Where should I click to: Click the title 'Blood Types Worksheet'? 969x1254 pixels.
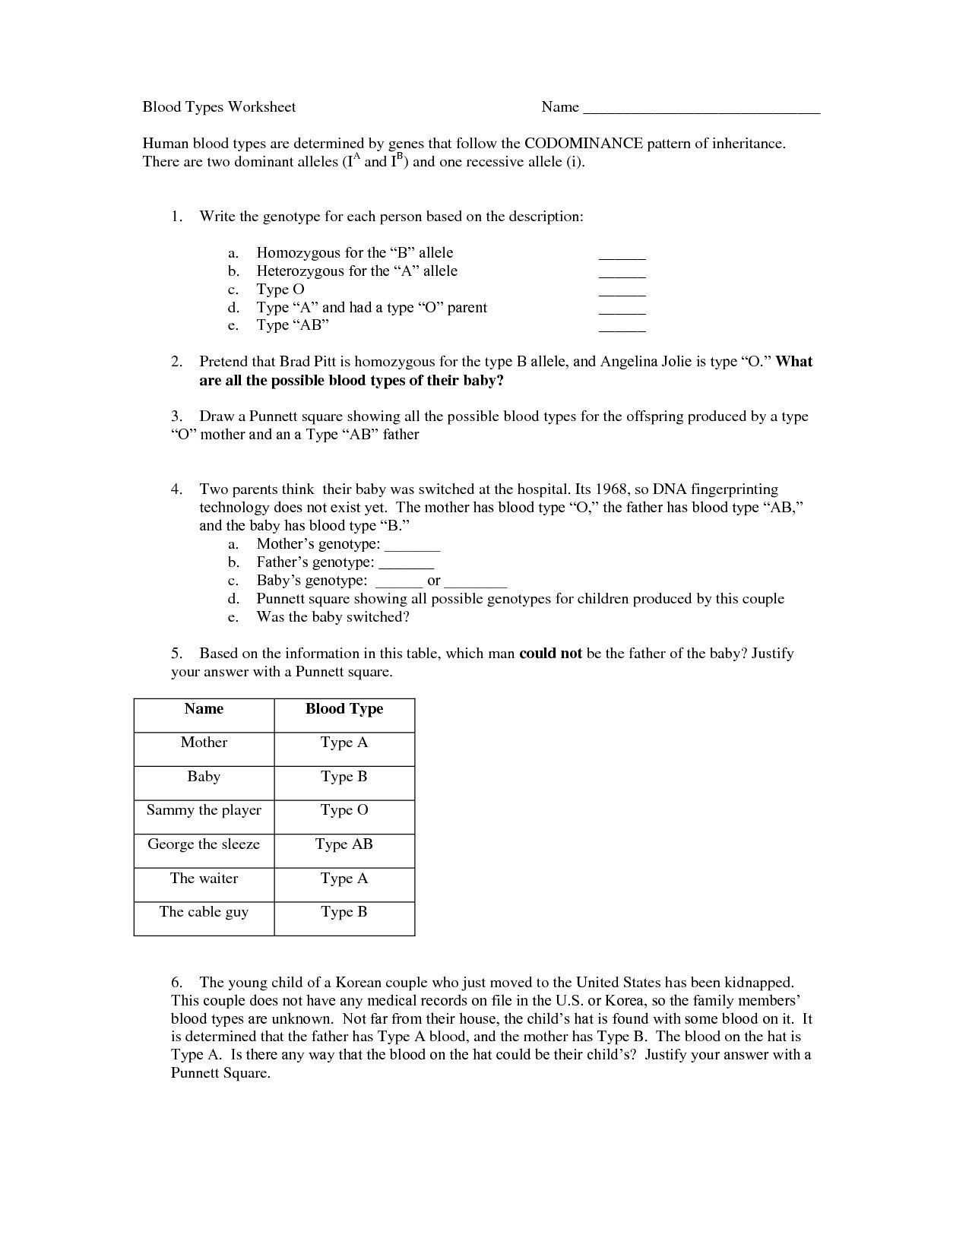219,107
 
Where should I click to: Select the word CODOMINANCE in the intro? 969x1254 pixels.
584,144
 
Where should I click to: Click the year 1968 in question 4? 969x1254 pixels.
613,489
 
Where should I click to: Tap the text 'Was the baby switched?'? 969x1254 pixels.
333,617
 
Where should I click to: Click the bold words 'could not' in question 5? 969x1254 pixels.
550,654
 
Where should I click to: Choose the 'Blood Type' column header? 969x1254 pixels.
344,709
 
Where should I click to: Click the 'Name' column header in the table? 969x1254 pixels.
204,709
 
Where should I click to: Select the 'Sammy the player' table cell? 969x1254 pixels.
204,810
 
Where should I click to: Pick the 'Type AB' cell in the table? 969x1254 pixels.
344,844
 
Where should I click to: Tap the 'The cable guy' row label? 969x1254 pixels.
204,912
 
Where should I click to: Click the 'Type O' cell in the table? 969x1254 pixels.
344,810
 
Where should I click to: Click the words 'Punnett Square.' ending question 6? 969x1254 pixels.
220,1074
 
